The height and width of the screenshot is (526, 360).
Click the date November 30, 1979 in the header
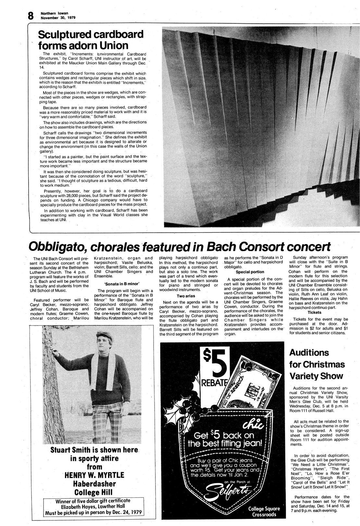coord(58,18)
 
